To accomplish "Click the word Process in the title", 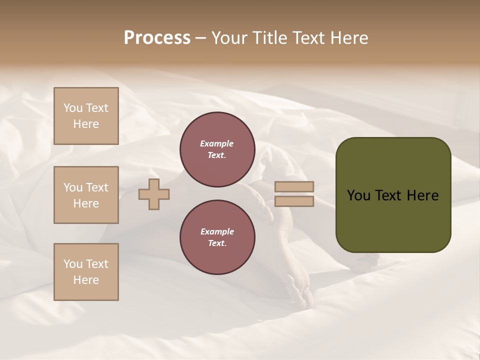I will tap(157, 38).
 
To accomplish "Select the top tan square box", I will tap(86, 116).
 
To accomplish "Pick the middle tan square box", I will tap(86, 195).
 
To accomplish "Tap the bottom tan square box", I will tap(86, 272).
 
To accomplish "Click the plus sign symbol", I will tap(154, 194).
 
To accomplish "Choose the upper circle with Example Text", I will tap(217, 149).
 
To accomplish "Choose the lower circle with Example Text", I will tap(217, 237).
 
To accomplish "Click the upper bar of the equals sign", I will tap(294, 187).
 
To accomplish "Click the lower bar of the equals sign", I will tap(294, 201).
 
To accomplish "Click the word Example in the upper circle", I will tap(217, 143).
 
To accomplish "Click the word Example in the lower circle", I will tap(217, 231).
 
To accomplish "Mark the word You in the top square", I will tap(72, 108).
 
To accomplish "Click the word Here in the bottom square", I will tap(86, 280).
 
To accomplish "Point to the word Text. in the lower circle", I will tap(217, 243).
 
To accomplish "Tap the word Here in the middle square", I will tap(86, 203).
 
